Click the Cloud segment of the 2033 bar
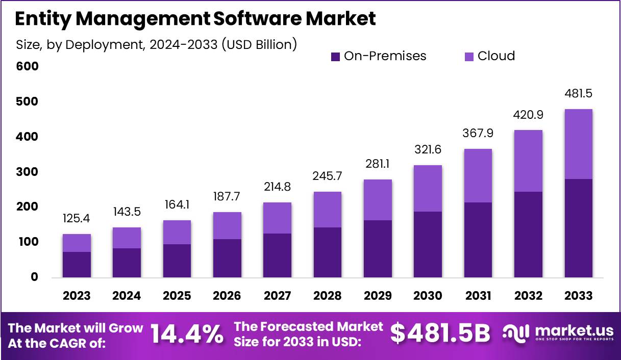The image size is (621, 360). click(x=579, y=144)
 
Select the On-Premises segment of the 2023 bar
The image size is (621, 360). click(x=77, y=264)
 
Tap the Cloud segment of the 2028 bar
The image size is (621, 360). click(x=327, y=210)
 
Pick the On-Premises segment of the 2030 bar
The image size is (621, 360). click(x=428, y=244)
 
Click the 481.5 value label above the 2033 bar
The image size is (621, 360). click(x=578, y=94)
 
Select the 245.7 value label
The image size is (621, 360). click(x=327, y=176)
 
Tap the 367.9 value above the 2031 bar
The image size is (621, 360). click(x=478, y=133)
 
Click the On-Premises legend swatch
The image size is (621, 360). click(x=335, y=57)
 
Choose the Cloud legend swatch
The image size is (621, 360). click(x=469, y=57)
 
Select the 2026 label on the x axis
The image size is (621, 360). click(x=227, y=296)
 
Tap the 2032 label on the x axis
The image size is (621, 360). click(x=528, y=296)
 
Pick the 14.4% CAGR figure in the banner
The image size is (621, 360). click(x=187, y=334)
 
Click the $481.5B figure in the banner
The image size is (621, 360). click(x=440, y=334)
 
